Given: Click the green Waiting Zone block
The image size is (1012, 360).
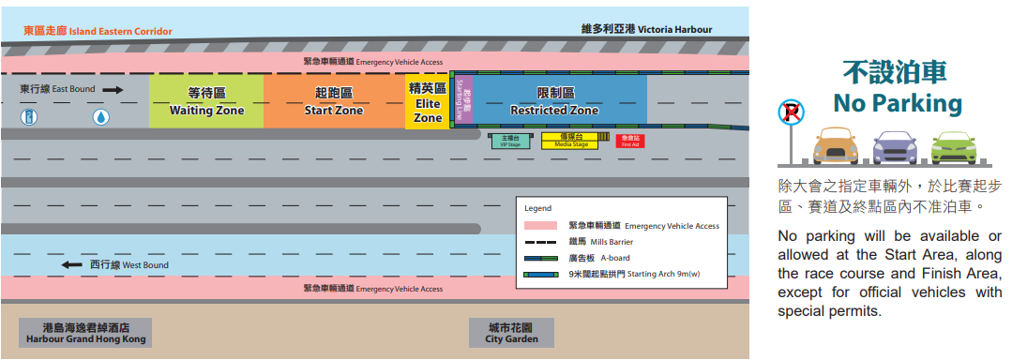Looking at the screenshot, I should click(206, 100).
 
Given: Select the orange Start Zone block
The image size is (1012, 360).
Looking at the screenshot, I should click(334, 100).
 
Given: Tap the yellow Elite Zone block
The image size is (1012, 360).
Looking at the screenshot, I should click(428, 102).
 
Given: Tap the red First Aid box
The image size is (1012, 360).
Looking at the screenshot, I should click(629, 141).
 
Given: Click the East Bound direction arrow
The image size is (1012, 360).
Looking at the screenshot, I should click(113, 89).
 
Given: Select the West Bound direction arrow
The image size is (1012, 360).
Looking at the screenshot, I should click(72, 265).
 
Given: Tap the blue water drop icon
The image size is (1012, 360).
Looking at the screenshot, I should click(100, 117).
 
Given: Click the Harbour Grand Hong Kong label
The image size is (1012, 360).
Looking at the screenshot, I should click(85, 333).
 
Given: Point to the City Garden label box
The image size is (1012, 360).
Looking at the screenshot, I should click(511, 333).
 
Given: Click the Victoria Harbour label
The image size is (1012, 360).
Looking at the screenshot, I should click(647, 29).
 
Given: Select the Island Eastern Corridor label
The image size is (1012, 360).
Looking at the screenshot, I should click(98, 31).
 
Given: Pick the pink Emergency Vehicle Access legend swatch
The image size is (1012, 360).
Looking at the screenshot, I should click(542, 226).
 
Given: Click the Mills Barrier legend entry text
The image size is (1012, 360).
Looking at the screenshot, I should click(601, 242).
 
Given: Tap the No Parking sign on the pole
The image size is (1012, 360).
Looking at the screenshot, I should click(791, 113).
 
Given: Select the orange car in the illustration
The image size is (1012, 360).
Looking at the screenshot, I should click(836, 147).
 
